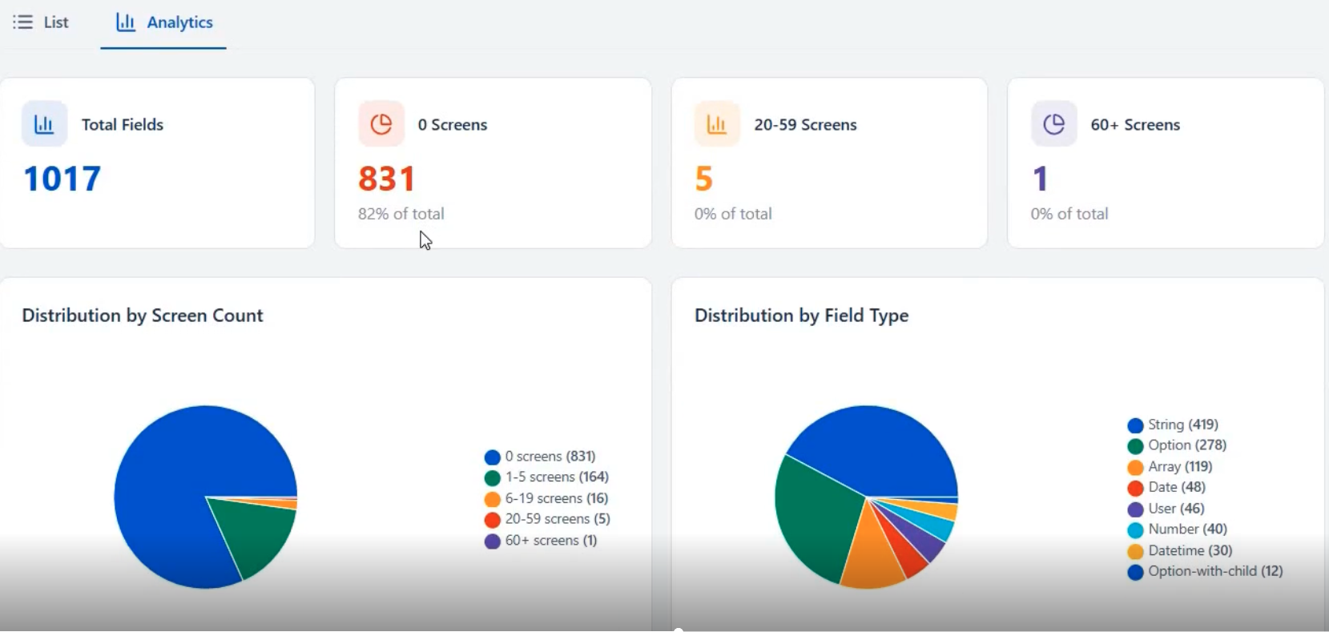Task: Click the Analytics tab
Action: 164,22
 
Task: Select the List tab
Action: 42,22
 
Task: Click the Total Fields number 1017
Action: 62,179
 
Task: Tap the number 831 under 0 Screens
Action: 387,179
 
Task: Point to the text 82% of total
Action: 401,214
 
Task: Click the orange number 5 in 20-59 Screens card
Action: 703,179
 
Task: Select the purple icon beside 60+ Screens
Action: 1053,124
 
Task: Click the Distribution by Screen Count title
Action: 143,316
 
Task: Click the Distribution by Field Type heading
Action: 801,316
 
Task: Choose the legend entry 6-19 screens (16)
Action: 547,498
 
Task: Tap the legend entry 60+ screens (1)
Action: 542,541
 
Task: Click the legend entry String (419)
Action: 1174,425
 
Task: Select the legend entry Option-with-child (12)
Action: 1206,571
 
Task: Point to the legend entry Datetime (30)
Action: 1181,550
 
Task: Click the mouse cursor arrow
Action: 425,240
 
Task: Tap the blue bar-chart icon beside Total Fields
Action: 44,124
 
